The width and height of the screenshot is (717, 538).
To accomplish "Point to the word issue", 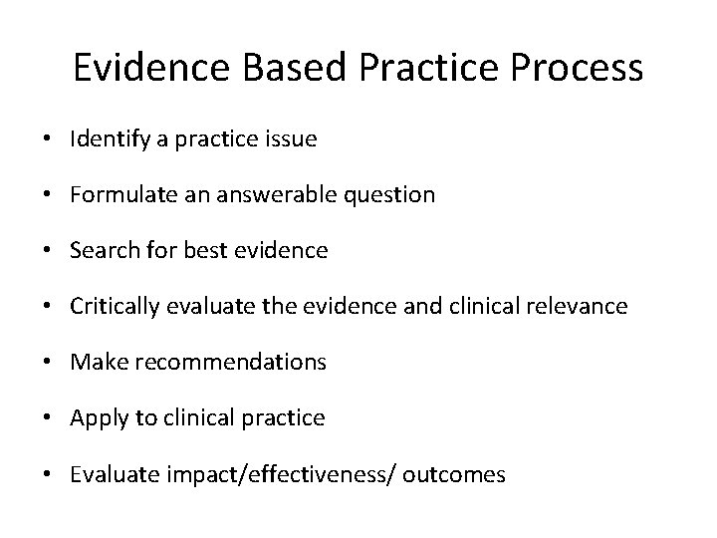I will [291, 139].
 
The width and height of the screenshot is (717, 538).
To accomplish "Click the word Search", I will [98, 251].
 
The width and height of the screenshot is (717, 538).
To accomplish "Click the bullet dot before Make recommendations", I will [49, 363].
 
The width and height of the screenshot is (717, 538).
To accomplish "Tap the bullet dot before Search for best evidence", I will [49, 251].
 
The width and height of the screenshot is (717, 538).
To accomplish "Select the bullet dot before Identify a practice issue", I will [49, 139].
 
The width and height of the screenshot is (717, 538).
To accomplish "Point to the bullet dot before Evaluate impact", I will [49, 474].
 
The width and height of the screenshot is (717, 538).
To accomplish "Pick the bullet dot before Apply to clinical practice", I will [49, 418].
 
